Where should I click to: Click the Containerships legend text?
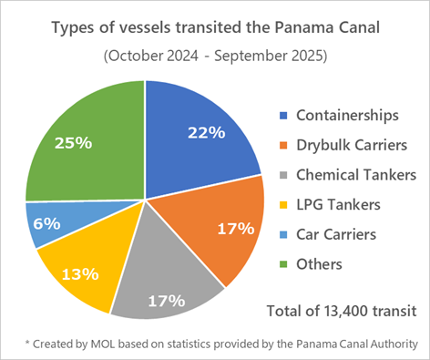[347, 115]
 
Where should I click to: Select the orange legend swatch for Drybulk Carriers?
[283, 145]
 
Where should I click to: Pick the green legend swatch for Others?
[283, 265]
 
